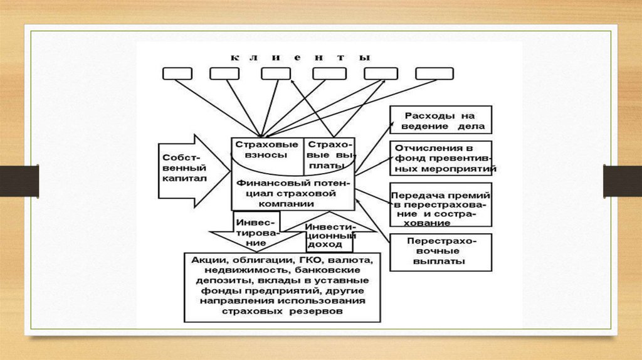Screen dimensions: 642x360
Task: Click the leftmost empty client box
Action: coord(177,73)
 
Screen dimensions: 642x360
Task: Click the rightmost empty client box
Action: coord(434,73)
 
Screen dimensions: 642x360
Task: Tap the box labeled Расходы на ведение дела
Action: coord(440,120)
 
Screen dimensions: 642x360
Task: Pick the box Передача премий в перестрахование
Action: coord(441,204)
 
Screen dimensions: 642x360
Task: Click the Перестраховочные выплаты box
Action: coord(440,251)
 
